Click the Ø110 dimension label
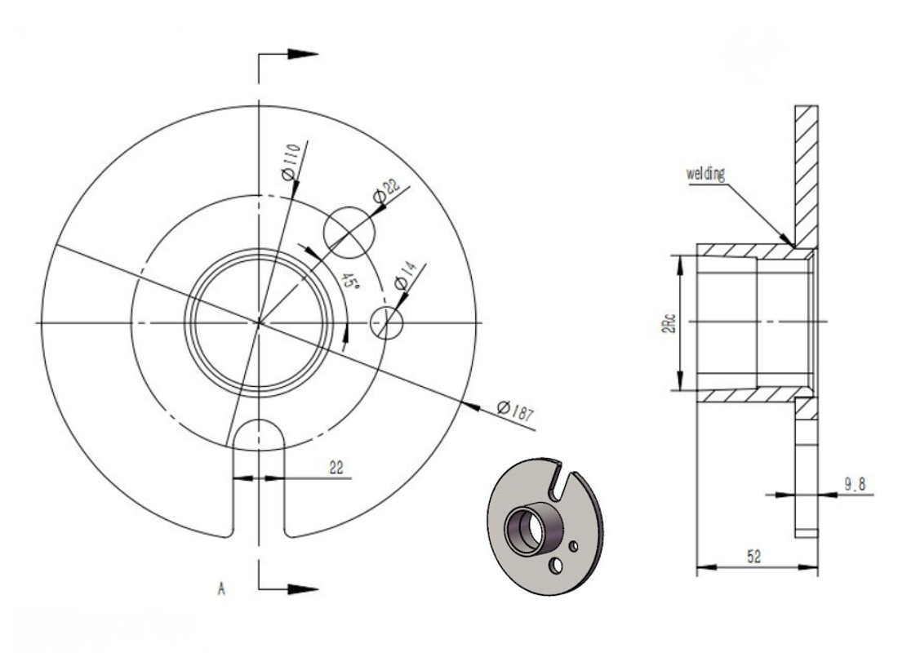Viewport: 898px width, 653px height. (291, 161)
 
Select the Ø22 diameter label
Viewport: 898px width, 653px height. (385, 193)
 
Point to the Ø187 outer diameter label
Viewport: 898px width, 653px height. (514, 410)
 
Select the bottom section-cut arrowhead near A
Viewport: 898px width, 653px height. (303, 586)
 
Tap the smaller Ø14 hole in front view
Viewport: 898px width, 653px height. (387, 322)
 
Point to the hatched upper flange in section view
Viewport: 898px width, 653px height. (804, 171)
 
